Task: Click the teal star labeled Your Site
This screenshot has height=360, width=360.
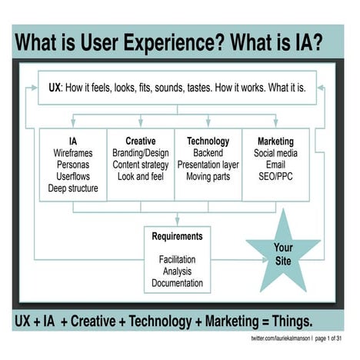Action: coord(283,252)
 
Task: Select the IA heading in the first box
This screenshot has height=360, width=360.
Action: coord(73,142)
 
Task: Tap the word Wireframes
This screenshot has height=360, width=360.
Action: coord(73,153)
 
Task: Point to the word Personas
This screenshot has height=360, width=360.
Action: coord(73,165)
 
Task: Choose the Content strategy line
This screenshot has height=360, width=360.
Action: coord(140,165)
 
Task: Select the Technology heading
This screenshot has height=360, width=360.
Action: coord(208,142)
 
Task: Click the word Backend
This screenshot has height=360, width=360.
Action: coord(208,153)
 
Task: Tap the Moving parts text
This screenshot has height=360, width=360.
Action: coord(208,176)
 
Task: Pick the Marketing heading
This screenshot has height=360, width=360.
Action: coord(275,142)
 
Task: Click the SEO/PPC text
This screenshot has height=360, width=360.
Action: coord(275,176)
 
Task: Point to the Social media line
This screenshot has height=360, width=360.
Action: coord(275,153)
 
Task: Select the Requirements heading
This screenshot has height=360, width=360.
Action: coord(177,236)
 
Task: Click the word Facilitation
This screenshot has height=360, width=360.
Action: coord(177,259)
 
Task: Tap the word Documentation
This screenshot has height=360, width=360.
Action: coord(177,282)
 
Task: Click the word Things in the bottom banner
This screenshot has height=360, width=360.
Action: coord(285,320)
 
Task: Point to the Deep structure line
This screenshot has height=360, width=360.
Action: coord(73,188)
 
